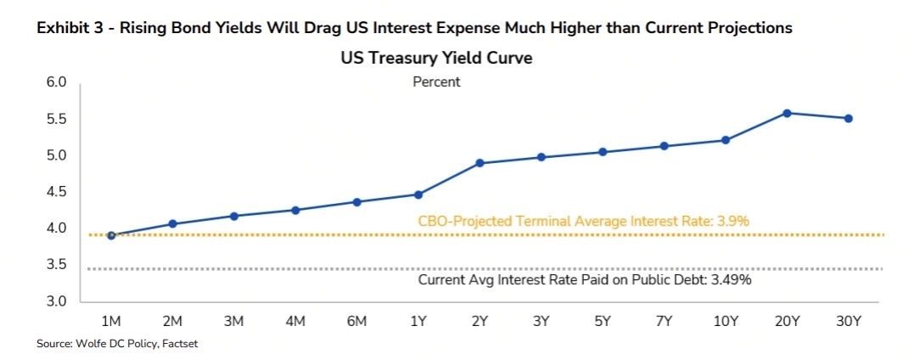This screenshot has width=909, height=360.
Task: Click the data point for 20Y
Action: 787,113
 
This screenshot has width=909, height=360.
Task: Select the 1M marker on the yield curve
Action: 111,235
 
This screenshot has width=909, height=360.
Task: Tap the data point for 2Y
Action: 480,163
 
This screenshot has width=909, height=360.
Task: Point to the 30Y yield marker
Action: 848,118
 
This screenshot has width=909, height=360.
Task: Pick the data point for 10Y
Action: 725,140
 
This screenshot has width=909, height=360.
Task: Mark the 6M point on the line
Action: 357,202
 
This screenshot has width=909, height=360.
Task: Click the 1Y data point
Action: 418,194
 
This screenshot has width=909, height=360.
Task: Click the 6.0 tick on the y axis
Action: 56,83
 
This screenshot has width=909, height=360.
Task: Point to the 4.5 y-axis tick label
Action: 56,192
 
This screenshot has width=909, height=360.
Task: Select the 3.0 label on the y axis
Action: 56,301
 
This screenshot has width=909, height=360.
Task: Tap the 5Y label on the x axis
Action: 603,322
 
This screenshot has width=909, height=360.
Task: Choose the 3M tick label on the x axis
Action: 233,322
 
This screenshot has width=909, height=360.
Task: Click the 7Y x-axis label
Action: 664,322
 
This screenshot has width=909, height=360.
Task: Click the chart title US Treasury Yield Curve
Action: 436,59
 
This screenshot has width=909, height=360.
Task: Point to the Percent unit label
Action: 436,82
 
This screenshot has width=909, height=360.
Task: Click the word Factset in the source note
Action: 180,344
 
